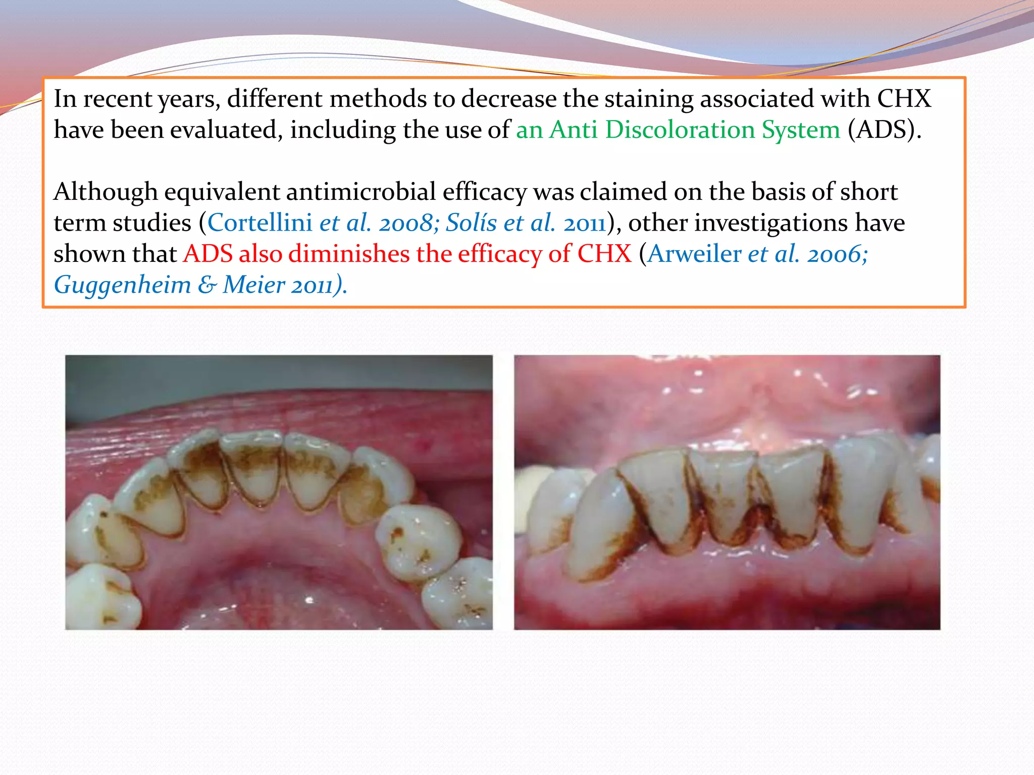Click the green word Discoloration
(680, 130)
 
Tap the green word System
(801, 130)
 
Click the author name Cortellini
(260, 223)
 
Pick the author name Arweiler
(695, 253)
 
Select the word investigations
(771, 223)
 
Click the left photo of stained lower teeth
(279, 492)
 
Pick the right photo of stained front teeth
(727, 492)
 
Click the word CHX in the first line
(904, 99)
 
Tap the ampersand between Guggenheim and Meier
(207, 285)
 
